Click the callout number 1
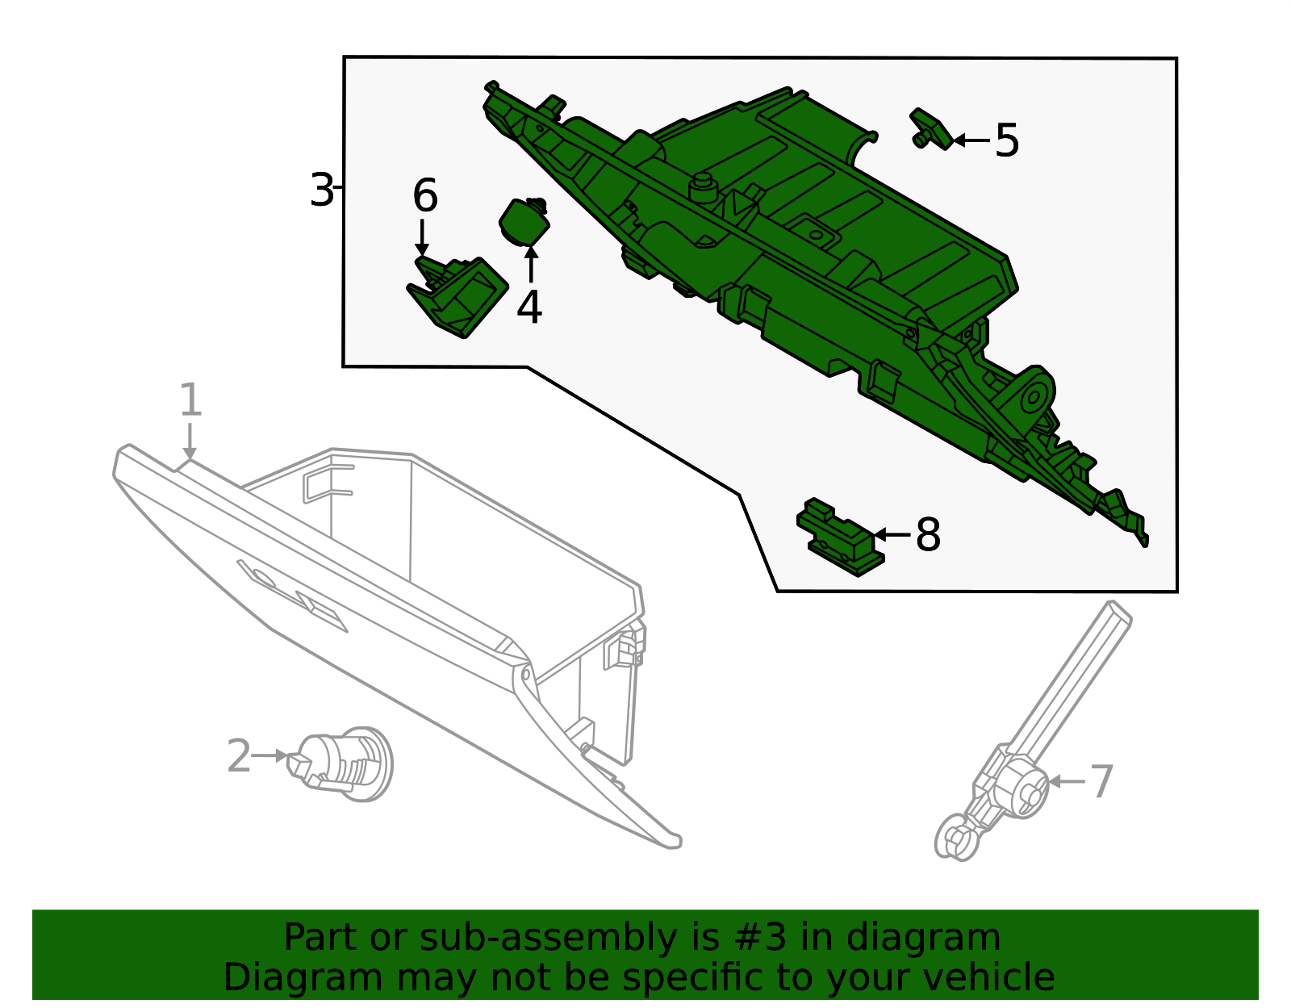[190, 399]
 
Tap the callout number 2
[239, 756]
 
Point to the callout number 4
[529, 307]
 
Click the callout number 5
[1006, 140]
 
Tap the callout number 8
[928, 534]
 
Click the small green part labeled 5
[930, 129]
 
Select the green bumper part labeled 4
[524, 222]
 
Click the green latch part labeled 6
[457, 297]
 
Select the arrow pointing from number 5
[971, 140]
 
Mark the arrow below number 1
[190, 441]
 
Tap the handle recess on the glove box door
[291, 594]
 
